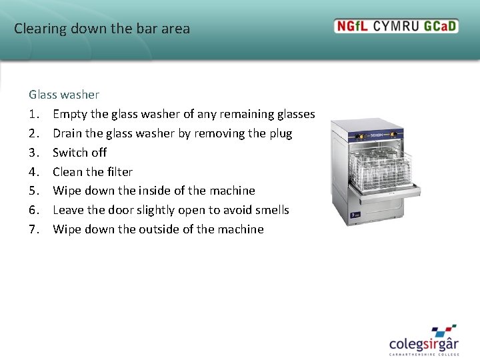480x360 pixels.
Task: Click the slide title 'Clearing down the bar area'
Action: point(102,29)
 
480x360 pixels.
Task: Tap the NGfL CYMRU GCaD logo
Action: point(396,27)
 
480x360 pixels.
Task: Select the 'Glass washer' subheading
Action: point(64,95)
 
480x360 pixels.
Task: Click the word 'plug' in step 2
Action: point(279,133)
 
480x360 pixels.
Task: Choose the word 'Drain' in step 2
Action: point(68,133)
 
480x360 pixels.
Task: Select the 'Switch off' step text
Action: point(79,152)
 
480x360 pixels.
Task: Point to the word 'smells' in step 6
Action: point(271,210)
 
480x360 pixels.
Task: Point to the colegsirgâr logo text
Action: point(424,345)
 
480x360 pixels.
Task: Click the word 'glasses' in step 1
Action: point(295,115)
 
